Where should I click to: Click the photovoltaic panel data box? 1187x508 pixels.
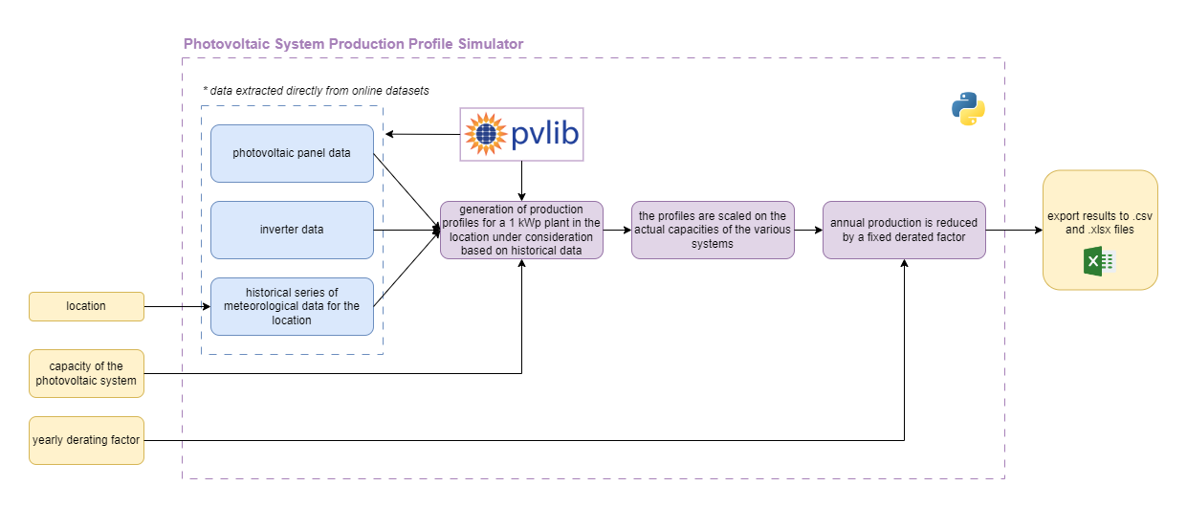pyautogui.click(x=292, y=153)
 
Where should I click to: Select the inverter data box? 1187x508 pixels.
pyautogui.click(x=292, y=230)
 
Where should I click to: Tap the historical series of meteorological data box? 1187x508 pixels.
pyautogui.click(x=292, y=306)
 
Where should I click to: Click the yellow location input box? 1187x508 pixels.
pyautogui.click(x=86, y=306)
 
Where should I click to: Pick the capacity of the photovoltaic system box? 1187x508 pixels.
pyautogui.click(x=86, y=373)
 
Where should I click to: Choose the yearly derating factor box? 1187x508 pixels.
pyautogui.click(x=86, y=440)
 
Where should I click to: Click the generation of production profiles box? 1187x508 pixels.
pyautogui.click(x=521, y=230)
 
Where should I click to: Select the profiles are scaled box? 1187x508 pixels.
pyautogui.click(x=713, y=230)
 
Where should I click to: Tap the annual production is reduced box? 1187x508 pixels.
pyautogui.click(x=904, y=230)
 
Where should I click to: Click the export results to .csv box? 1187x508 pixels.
pyautogui.click(x=1100, y=230)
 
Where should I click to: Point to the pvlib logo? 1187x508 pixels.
pyautogui.click(x=521, y=134)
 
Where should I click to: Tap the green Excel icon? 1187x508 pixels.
pyautogui.click(x=1100, y=261)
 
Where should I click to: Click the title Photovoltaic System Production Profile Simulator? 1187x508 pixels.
pyautogui.click(x=353, y=44)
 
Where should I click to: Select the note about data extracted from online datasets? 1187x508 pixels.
pyautogui.click(x=316, y=90)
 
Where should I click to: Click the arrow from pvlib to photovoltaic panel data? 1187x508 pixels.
pyautogui.click(x=421, y=134)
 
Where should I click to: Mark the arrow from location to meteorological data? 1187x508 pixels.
pyautogui.click(x=177, y=306)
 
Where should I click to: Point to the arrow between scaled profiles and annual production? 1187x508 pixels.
pyautogui.click(x=808, y=230)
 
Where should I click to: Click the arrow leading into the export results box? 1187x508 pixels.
pyautogui.click(x=1014, y=230)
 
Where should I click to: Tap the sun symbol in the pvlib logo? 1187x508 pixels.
pyautogui.click(x=485, y=134)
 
